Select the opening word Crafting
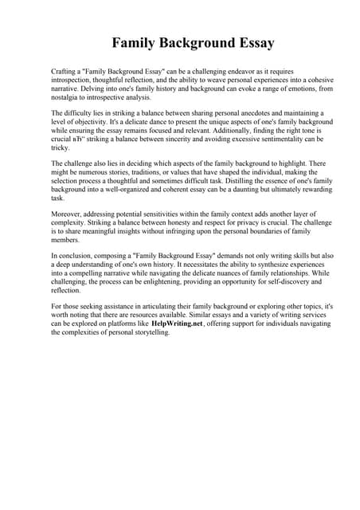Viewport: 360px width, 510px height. tap(65, 72)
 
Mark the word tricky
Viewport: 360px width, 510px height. tap(61, 148)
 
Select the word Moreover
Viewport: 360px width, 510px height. tap(68, 215)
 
